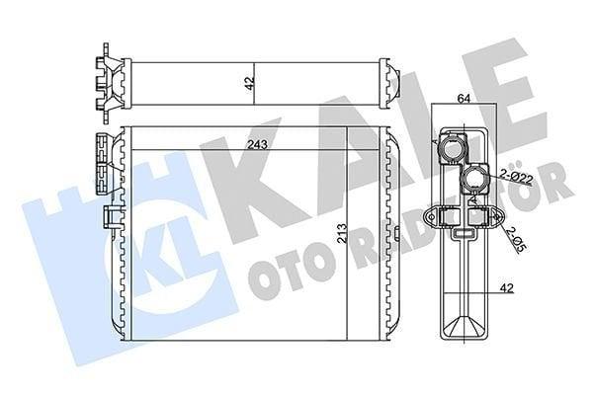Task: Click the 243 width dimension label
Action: [x=257, y=144]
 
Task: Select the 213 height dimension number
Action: [x=341, y=233]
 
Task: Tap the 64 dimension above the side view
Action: [x=464, y=99]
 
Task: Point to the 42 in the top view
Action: [x=249, y=83]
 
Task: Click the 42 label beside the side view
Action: [x=507, y=288]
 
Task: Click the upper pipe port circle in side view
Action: [x=452, y=149]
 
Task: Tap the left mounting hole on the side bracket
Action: [x=431, y=216]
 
